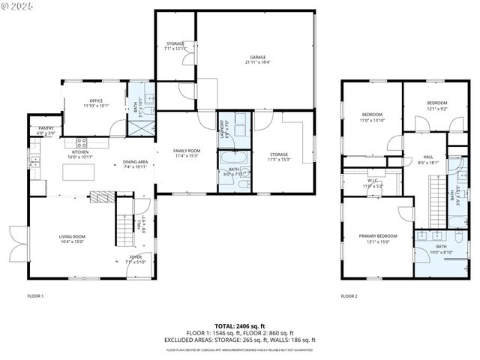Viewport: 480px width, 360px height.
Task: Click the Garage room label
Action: click(x=257, y=57)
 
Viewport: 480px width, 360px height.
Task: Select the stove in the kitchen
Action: click(x=82, y=141)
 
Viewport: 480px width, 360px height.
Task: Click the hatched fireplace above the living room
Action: click(x=101, y=197)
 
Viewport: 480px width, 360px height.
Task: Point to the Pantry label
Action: click(x=45, y=129)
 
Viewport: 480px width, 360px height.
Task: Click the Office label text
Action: click(x=95, y=101)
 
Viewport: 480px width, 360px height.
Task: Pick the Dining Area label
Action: click(x=135, y=162)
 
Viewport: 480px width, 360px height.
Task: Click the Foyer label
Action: click(x=136, y=257)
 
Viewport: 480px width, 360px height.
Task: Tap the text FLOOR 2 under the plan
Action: click(x=349, y=296)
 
